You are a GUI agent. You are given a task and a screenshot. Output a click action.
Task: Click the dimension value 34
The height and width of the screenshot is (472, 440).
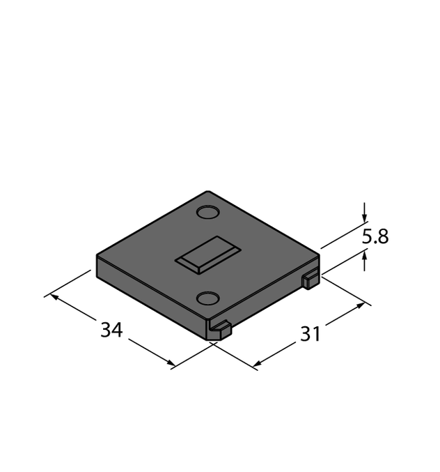coord(111,330)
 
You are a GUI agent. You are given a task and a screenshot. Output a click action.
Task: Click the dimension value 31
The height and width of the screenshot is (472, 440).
coord(311,334)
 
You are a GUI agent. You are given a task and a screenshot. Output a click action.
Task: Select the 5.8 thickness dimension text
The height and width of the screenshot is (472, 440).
coord(375,236)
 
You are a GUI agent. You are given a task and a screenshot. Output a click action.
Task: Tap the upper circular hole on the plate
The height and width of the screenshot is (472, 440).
coord(207,212)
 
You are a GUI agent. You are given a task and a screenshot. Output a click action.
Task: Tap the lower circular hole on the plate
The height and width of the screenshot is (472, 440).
coord(207,298)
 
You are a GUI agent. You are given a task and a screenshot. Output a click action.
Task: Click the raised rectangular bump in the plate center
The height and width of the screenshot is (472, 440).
coord(208,255)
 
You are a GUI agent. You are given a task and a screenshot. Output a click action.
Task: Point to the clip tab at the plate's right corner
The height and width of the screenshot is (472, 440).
coord(311,280)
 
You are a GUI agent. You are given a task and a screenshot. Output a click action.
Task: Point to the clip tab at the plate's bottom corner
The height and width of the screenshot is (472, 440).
coord(219,330)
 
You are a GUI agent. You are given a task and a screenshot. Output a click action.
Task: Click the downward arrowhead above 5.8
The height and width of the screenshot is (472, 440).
coord(365,218)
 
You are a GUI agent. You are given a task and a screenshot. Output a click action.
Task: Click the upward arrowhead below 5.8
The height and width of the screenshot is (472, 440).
coord(365,256)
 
